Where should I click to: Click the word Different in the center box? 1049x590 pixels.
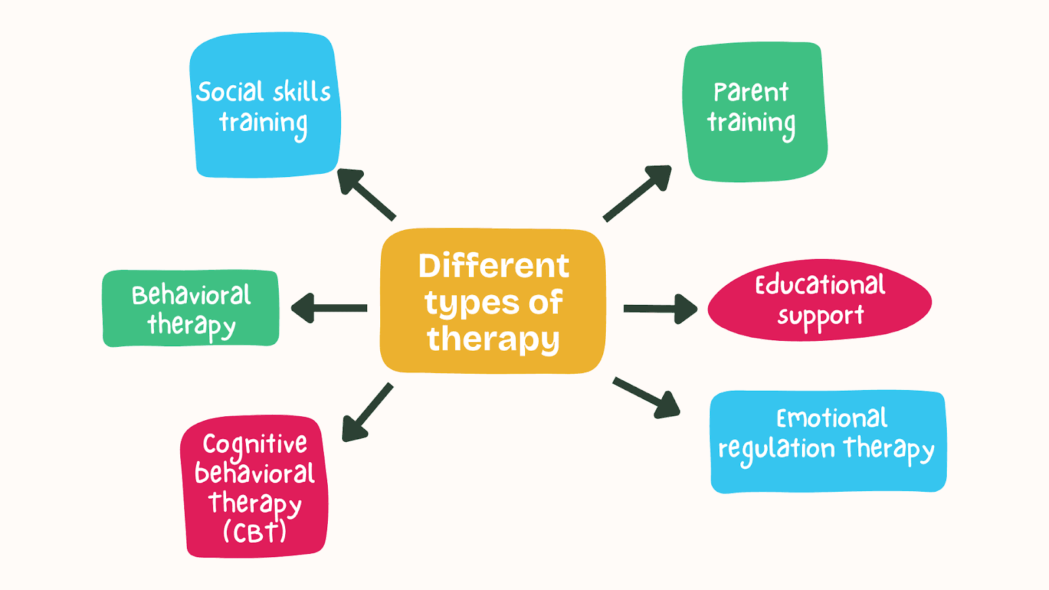click(x=494, y=266)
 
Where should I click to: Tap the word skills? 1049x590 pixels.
click(x=302, y=92)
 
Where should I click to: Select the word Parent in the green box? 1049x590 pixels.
click(x=751, y=92)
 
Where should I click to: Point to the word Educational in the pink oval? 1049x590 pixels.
click(x=820, y=285)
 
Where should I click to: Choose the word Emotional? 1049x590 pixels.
click(x=831, y=418)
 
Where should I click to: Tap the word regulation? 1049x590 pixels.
click(x=776, y=450)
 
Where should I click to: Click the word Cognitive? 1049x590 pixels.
click(x=254, y=444)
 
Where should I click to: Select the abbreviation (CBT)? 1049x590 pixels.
click(x=254, y=532)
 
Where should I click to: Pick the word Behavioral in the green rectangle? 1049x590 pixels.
click(x=191, y=296)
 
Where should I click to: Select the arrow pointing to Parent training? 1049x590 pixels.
click(x=637, y=193)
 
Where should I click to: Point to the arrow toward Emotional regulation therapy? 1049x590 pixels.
click(x=646, y=397)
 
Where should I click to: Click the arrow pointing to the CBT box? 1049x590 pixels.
click(x=367, y=413)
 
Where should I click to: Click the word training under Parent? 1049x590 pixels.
click(x=751, y=123)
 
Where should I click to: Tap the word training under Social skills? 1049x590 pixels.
click(x=263, y=123)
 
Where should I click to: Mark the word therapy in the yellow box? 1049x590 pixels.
click(x=493, y=340)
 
